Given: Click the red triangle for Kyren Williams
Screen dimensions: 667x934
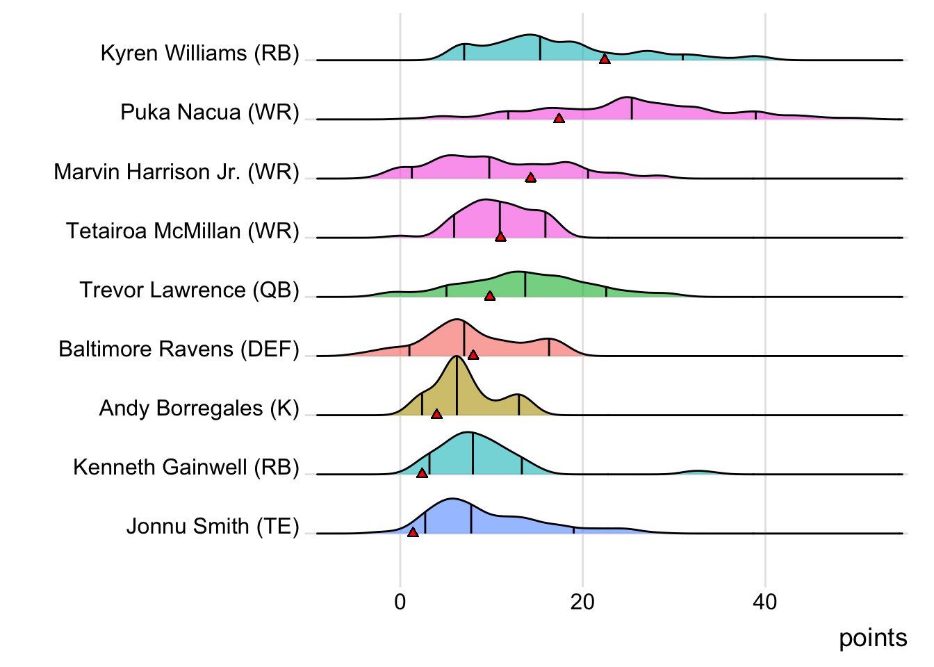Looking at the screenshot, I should (x=605, y=60).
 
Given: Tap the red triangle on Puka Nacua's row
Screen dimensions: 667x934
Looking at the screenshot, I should (x=559, y=119).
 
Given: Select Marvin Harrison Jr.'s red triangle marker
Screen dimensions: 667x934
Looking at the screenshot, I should (x=530, y=178).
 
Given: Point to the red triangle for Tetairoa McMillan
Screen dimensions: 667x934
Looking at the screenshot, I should (x=500, y=237).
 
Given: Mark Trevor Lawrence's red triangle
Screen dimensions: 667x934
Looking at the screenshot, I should (x=490, y=296).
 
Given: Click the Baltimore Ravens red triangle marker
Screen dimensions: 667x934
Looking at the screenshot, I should (x=473, y=355).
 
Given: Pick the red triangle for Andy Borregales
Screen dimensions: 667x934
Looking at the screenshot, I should (x=436, y=414).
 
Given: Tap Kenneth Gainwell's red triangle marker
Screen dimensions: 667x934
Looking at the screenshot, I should (x=422, y=473).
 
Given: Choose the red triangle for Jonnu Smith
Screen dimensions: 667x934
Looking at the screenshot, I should (x=413, y=532).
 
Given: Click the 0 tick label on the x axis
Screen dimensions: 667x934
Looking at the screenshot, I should (x=400, y=602).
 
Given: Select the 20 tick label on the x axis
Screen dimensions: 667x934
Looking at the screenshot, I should (x=582, y=602).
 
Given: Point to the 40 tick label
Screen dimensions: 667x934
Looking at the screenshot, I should (x=765, y=602).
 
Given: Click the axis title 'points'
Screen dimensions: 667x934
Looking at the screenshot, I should (x=873, y=638).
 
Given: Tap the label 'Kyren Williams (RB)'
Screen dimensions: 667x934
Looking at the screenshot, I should (x=199, y=53).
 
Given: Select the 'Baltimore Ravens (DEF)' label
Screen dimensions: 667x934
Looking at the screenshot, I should (x=179, y=349).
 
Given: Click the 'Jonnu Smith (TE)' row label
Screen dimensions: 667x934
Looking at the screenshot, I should (x=213, y=527).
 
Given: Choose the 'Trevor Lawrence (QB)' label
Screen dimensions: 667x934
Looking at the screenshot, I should (x=189, y=290).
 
